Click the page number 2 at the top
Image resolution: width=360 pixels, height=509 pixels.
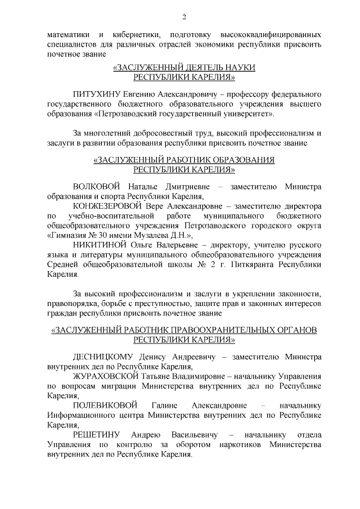[x=184, y=16]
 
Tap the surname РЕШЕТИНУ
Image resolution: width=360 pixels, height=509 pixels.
[x=95, y=435]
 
